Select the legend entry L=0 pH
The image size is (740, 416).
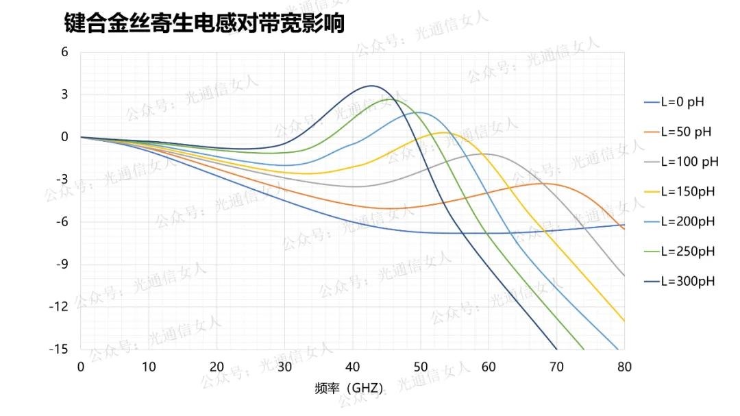(x=682, y=102)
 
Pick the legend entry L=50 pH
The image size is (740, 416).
(x=686, y=132)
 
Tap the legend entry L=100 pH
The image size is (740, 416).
(x=689, y=162)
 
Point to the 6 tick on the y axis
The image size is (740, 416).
(x=65, y=52)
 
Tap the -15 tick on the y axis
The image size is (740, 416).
(x=60, y=349)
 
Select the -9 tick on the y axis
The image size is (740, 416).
(x=62, y=264)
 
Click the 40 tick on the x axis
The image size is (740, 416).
(x=352, y=367)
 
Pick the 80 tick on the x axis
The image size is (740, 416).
(x=624, y=367)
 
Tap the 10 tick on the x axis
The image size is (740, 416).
(x=149, y=367)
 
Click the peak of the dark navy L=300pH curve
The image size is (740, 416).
(x=372, y=86)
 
